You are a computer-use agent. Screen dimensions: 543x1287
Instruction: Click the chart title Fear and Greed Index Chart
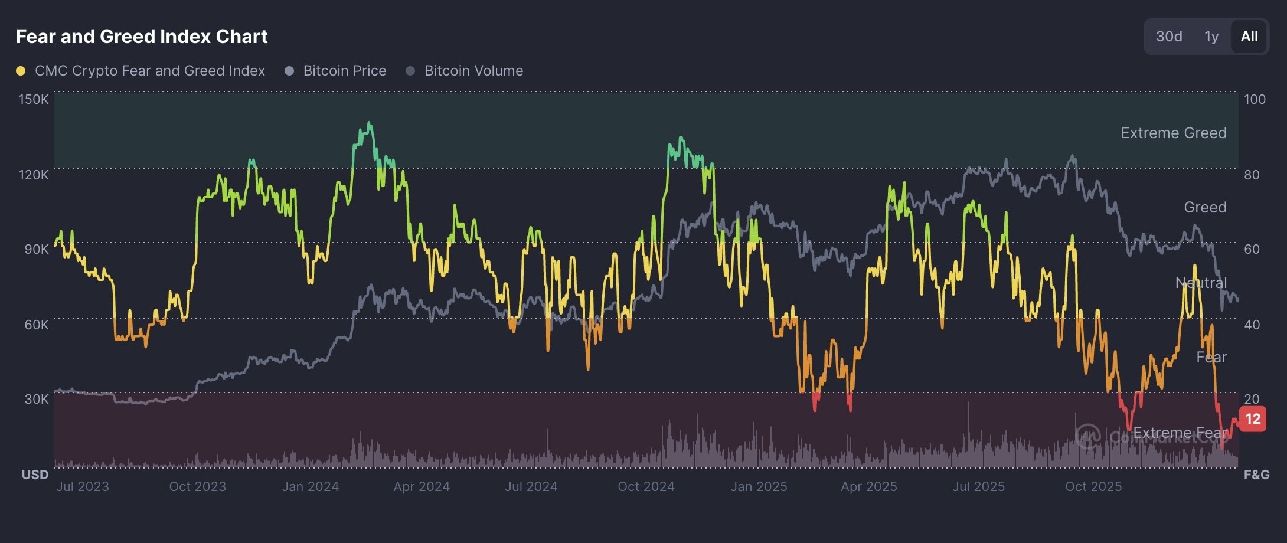tap(142, 37)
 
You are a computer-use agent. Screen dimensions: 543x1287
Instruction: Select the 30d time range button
tap(1169, 37)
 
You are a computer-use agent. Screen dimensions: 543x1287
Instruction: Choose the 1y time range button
tap(1211, 37)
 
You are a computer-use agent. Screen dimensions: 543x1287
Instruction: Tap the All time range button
tap(1249, 37)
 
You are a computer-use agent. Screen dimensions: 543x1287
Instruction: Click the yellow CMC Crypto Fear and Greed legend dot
tap(21, 71)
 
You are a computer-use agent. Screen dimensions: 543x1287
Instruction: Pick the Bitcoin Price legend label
tap(345, 71)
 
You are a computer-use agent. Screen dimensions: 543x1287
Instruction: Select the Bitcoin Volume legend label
tap(473, 71)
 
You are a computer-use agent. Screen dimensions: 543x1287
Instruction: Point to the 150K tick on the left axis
tap(34, 99)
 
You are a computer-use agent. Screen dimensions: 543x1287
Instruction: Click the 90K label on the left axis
tap(37, 249)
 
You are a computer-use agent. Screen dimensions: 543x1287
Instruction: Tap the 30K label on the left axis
tap(37, 399)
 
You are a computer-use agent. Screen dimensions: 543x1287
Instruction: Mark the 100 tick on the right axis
tap(1255, 99)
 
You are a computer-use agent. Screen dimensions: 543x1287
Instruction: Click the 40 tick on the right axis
tap(1252, 325)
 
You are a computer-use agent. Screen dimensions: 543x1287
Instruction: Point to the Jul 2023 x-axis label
tap(83, 486)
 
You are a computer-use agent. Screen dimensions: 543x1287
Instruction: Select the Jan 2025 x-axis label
tap(759, 486)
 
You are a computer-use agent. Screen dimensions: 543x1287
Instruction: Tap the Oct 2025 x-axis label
tap(1093, 486)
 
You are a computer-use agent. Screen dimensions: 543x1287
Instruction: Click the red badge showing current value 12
tap(1253, 419)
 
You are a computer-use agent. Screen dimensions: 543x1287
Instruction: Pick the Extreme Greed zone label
tap(1174, 133)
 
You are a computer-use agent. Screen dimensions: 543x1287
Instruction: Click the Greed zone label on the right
tap(1205, 207)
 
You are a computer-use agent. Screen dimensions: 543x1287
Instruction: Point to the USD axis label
tap(35, 475)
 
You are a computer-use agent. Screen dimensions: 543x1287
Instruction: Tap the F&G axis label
tap(1256, 475)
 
